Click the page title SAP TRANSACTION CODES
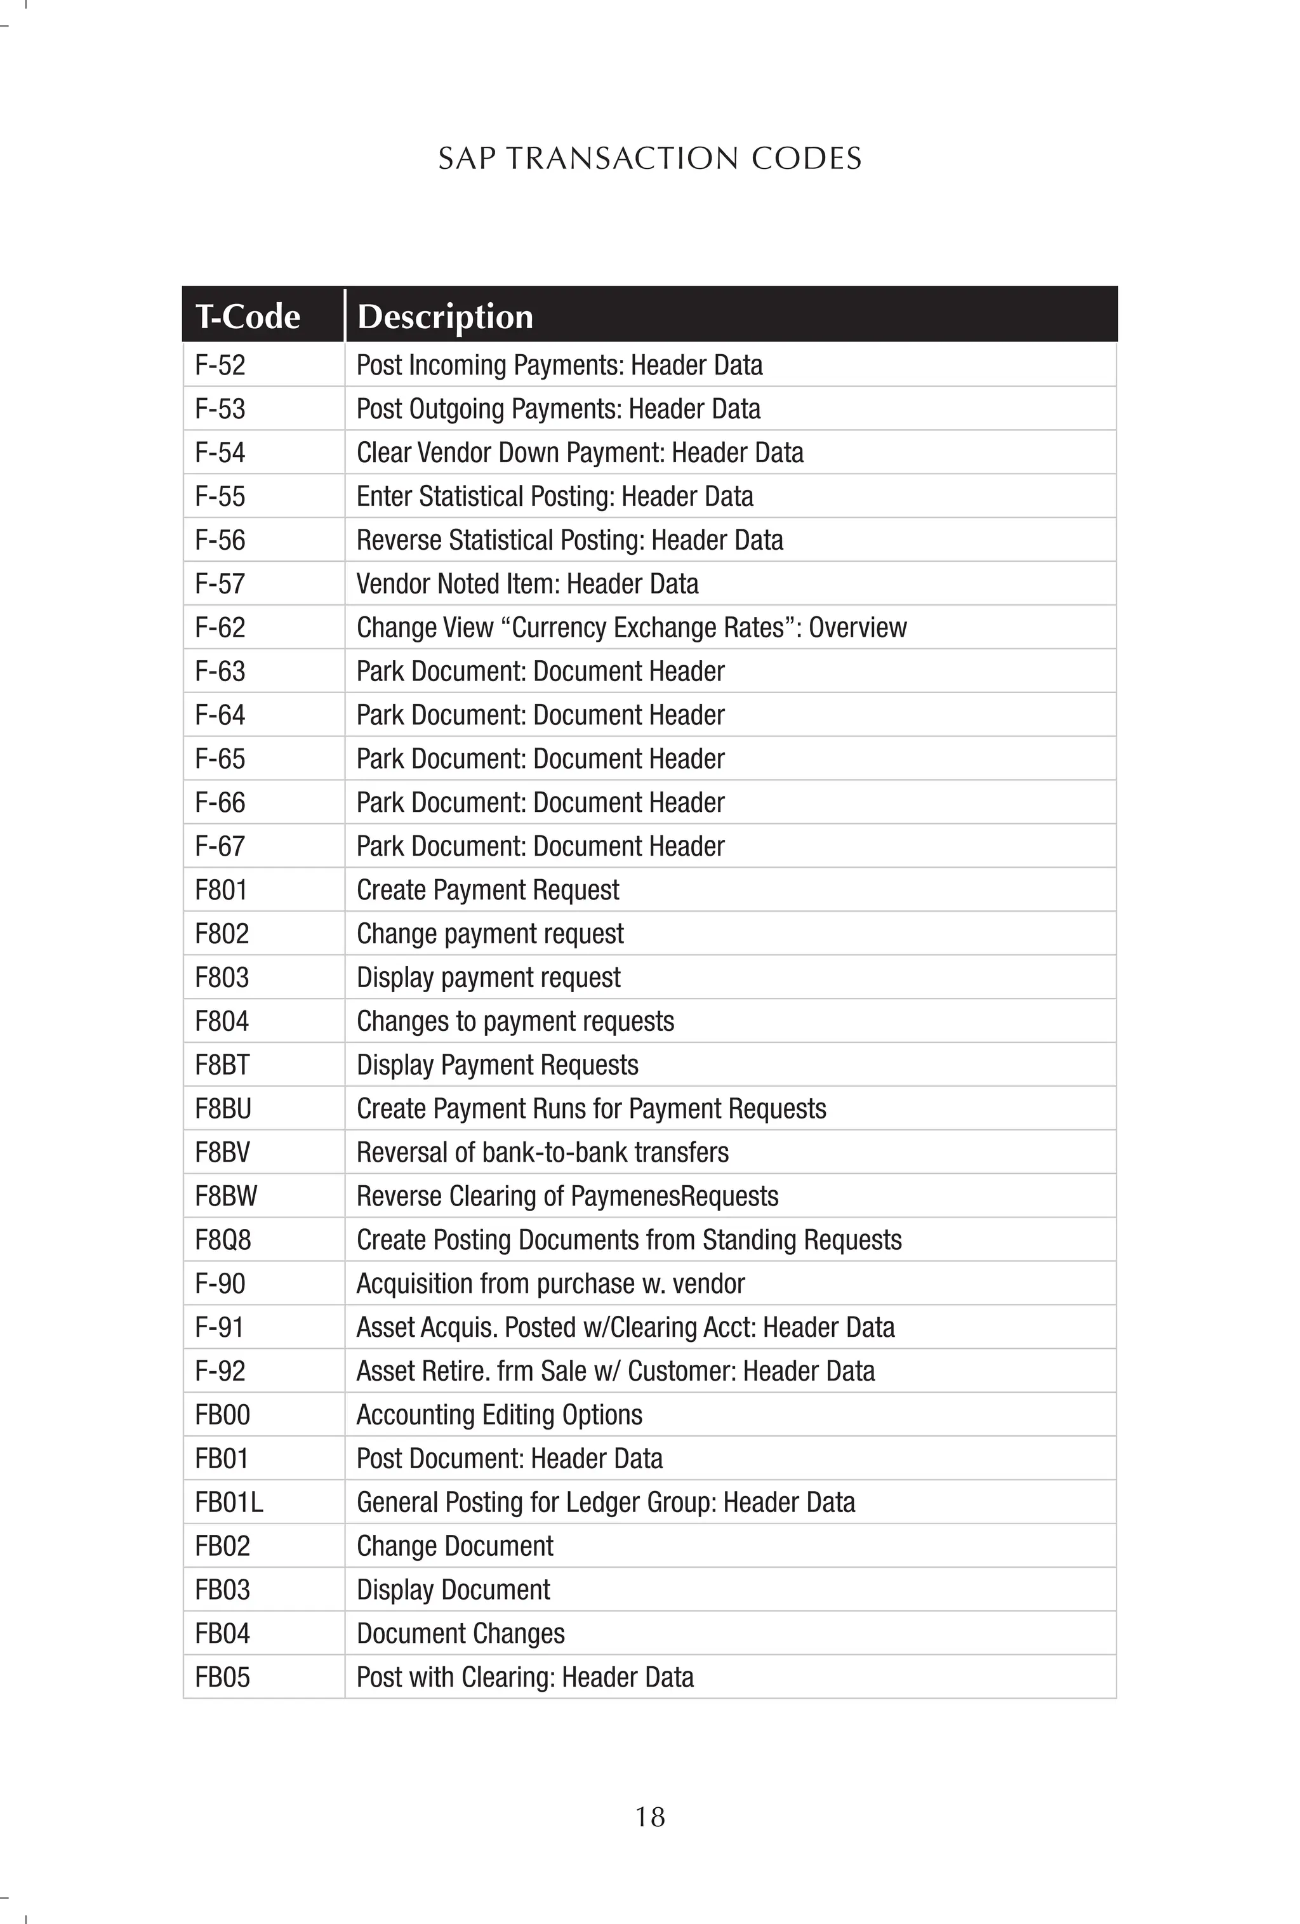pos(649,158)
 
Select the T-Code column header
pos(248,316)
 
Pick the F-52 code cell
pos(220,365)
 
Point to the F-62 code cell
pos(220,628)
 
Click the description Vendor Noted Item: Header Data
pos(527,583)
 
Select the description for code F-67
pos(540,846)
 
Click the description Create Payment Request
pos(487,890)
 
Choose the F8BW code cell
pos(225,1197)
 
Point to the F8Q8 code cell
pos(222,1240)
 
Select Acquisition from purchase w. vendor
pos(550,1284)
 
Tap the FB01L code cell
pos(229,1503)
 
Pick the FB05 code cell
pos(222,1677)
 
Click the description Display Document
pos(453,1589)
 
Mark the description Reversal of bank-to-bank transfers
pos(542,1152)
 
